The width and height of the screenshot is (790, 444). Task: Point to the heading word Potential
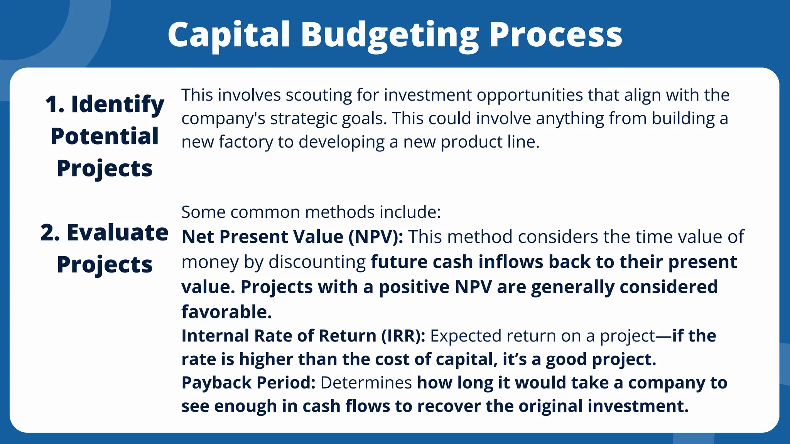click(x=105, y=136)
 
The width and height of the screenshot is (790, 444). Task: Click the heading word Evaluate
click(x=118, y=232)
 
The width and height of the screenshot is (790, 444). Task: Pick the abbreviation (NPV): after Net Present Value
click(x=376, y=237)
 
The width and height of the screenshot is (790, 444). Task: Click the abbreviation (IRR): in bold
click(x=403, y=336)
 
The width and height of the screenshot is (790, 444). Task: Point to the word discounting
click(x=317, y=262)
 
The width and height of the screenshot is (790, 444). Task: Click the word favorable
click(x=226, y=312)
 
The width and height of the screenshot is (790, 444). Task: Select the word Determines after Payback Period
click(x=366, y=383)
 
